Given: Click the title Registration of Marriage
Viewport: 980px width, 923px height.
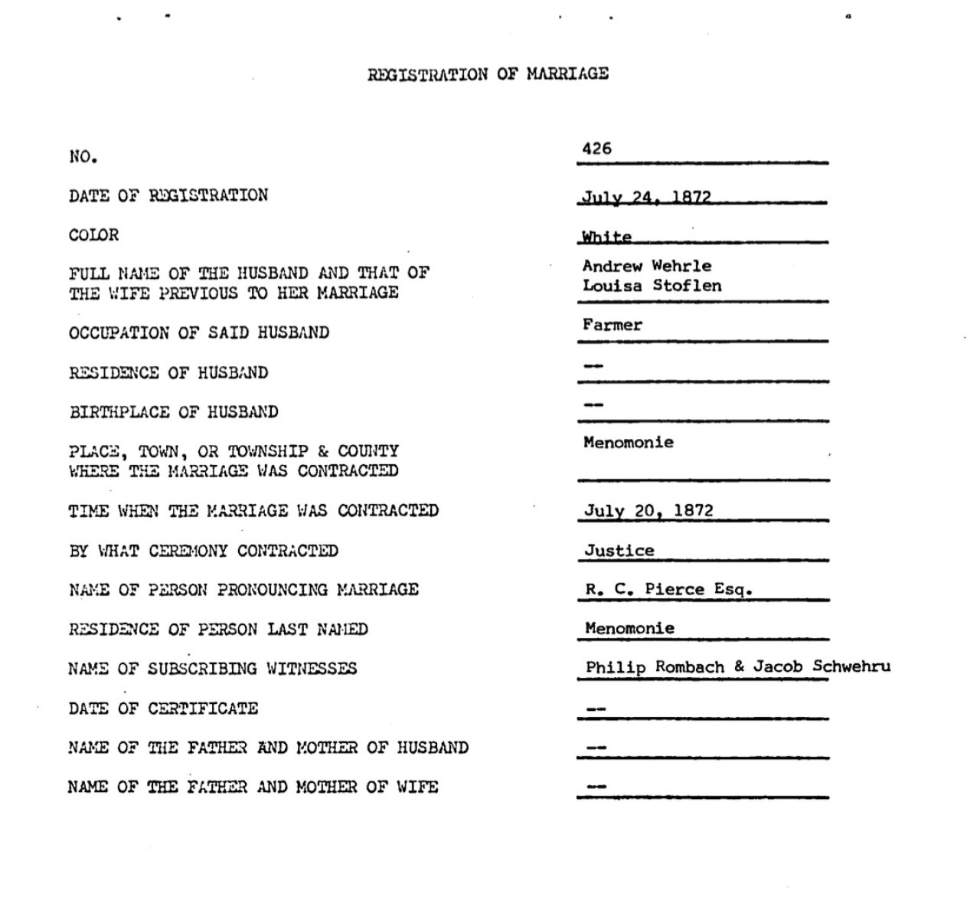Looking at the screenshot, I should point(488,74).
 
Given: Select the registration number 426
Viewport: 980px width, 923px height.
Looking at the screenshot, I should point(596,149).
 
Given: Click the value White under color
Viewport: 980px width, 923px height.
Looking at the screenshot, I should point(606,237).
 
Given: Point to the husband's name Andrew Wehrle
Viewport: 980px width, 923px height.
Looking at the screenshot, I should point(647,266).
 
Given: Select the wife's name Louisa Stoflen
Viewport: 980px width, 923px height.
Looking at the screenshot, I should point(652,286).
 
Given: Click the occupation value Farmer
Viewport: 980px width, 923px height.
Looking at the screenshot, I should point(612,325).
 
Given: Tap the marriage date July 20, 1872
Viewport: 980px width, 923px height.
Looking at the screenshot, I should point(648,511).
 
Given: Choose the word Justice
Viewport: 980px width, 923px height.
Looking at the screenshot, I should point(619,551).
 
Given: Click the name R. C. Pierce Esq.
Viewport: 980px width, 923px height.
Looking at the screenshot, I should point(668,590).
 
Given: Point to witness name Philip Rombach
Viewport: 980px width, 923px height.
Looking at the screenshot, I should point(655,667).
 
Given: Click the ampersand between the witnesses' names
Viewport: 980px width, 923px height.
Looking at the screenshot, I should point(739,666).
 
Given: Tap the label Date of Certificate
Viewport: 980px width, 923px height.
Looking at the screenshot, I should point(163,709).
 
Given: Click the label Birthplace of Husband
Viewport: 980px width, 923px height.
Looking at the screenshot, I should point(174,412).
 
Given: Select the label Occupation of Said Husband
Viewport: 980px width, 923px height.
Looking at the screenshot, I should point(199,333).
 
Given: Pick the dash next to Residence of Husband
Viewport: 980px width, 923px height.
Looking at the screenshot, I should point(593,365).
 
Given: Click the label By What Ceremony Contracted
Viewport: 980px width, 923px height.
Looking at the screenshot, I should point(204,551).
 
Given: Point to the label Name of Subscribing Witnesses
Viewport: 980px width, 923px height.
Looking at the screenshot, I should point(212,669).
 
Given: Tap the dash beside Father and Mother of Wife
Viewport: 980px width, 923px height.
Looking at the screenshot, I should point(596,786).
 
